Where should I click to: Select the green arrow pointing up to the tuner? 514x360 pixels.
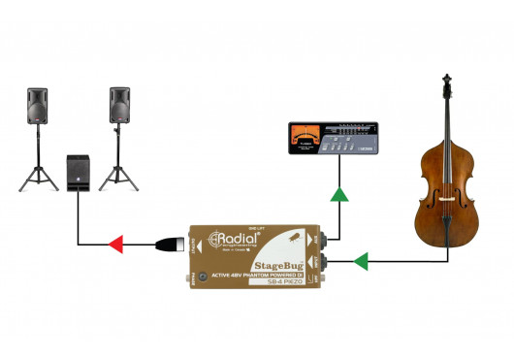click(339, 195)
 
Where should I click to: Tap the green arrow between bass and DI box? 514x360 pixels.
click(361, 260)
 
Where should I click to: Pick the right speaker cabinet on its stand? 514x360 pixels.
click(120, 104)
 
